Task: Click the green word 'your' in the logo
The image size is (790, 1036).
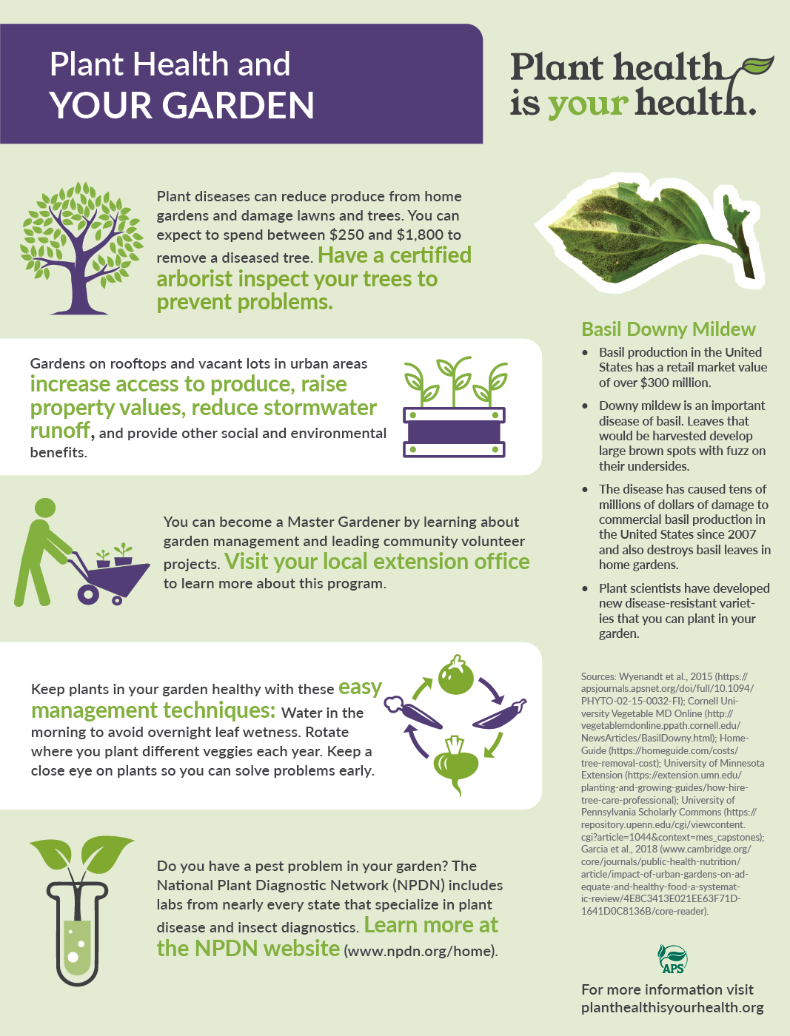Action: [x=588, y=104]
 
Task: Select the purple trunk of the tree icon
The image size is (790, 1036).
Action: [x=78, y=278]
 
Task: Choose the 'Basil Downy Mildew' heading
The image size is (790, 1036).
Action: [x=668, y=329]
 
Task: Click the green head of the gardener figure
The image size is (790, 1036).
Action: [x=45, y=508]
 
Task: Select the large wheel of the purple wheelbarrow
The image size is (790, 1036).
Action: [x=88, y=594]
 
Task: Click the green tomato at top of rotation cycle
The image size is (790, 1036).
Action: [x=455, y=675]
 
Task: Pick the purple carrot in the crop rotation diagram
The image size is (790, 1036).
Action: [x=412, y=713]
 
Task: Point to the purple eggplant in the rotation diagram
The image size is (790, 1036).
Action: [x=500, y=713]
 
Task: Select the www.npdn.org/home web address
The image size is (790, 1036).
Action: [x=420, y=951]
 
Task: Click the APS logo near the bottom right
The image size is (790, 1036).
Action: [x=673, y=959]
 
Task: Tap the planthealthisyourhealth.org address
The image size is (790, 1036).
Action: [x=672, y=1007]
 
